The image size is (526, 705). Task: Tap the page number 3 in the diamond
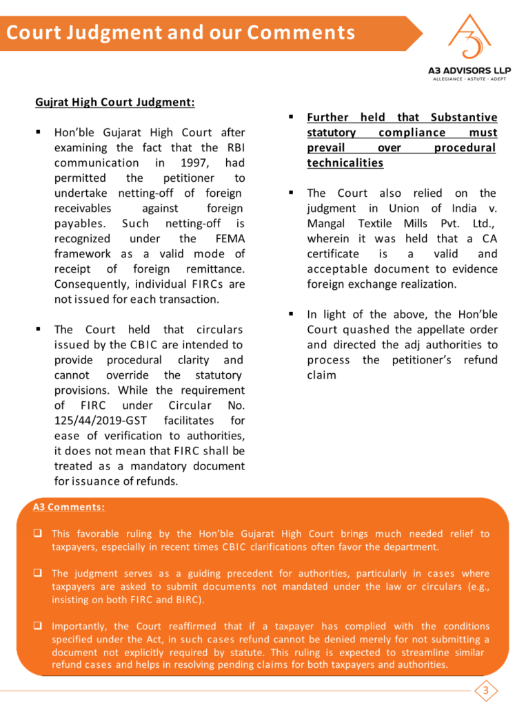point(485,690)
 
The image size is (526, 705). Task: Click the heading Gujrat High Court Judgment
point(114,103)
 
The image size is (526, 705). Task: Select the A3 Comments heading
point(69,507)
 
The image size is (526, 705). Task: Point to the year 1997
point(195,163)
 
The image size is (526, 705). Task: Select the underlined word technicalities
point(345,163)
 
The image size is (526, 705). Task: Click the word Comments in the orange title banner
point(301,32)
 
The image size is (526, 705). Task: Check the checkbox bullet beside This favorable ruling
point(41,534)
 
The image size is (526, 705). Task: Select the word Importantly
point(80,627)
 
